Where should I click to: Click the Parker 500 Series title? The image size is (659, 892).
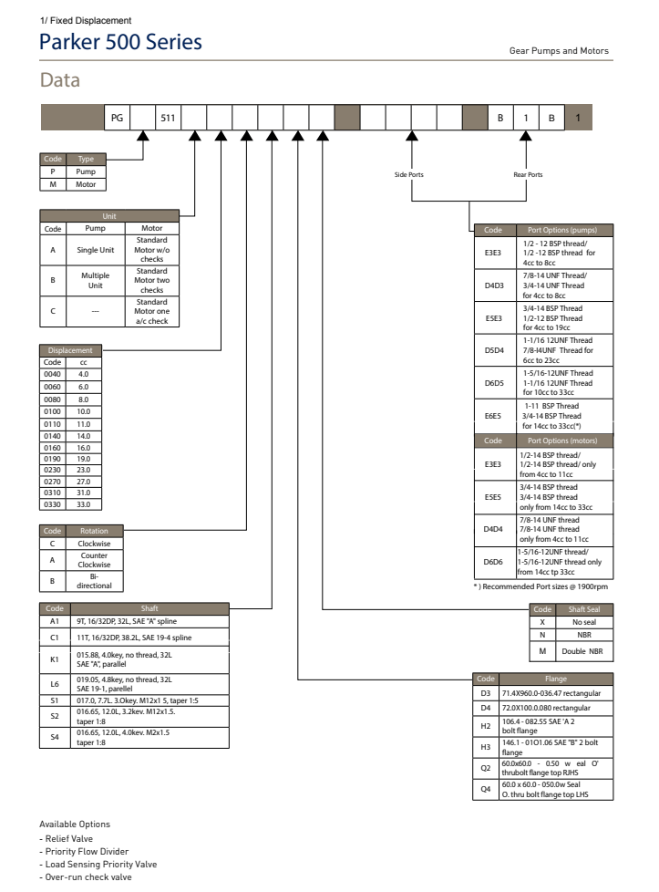coord(120,43)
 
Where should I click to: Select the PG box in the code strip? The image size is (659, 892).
coord(117,118)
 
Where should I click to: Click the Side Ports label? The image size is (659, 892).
coord(409,173)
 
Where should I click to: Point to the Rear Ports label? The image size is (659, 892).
coord(529,173)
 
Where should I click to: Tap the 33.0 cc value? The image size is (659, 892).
coord(85,503)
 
